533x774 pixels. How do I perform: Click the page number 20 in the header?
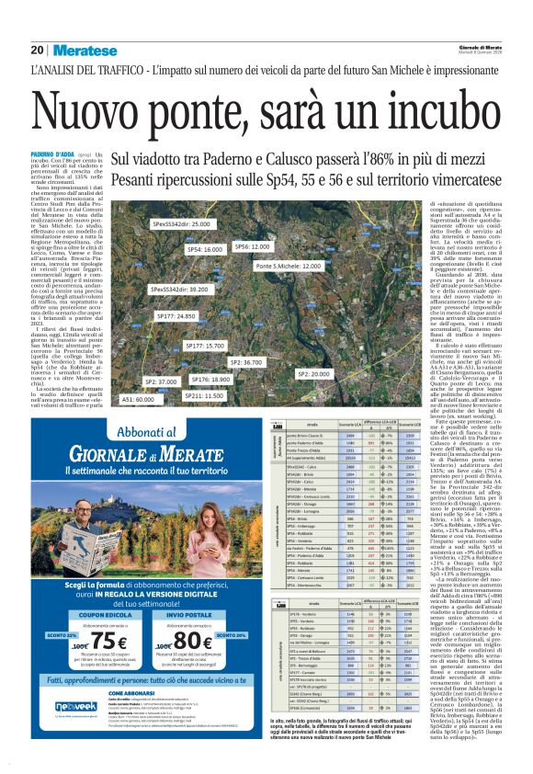click(x=37, y=50)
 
